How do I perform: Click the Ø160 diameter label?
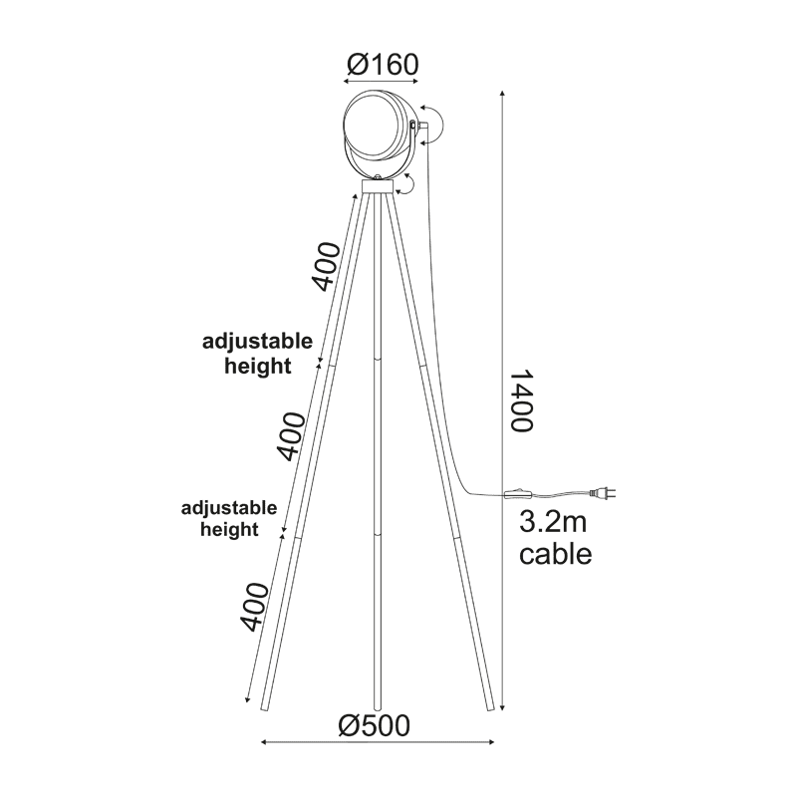coord(383,65)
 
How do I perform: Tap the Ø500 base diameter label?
coord(375,725)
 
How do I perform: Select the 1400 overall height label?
coord(521,400)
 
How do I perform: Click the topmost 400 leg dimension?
coord(326,267)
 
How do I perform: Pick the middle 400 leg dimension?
coord(291,436)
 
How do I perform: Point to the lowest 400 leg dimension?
coord(254,607)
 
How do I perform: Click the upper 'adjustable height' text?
coord(258,354)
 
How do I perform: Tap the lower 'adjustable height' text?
coord(229,518)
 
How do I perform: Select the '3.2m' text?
coord(553,522)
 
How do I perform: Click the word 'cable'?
coord(556,554)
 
